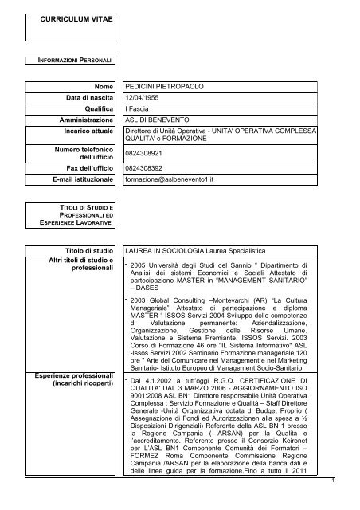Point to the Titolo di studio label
pos(88,250)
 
